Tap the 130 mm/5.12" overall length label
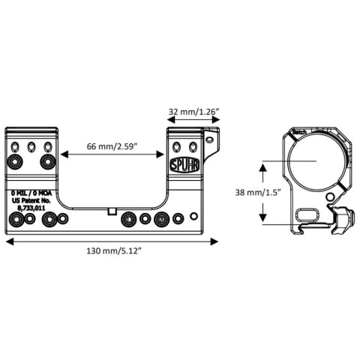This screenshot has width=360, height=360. [x=112, y=252]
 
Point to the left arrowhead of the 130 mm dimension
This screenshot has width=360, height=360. [x=9, y=241]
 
